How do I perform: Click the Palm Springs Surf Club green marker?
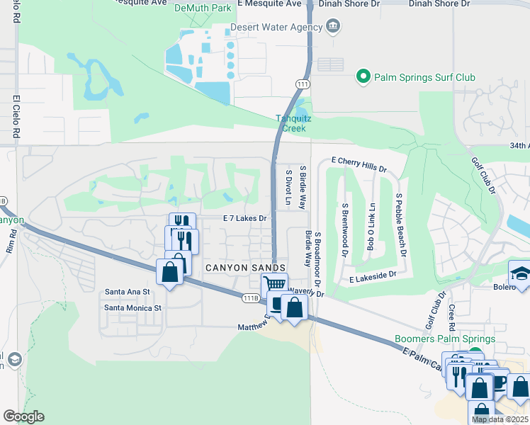click(363, 77)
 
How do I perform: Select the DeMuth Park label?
click(203, 7)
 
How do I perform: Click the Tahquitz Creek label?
click(291, 123)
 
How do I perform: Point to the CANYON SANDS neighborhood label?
click(237, 267)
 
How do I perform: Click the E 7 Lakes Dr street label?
click(244, 219)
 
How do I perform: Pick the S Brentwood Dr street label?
click(344, 229)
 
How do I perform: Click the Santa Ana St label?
click(128, 291)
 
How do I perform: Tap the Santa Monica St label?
click(133, 307)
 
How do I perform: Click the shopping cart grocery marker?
click(275, 285)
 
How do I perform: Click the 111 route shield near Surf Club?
click(302, 84)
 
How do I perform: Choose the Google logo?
click(23, 416)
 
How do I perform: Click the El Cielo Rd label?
click(15, 117)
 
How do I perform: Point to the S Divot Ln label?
click(288, 187)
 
